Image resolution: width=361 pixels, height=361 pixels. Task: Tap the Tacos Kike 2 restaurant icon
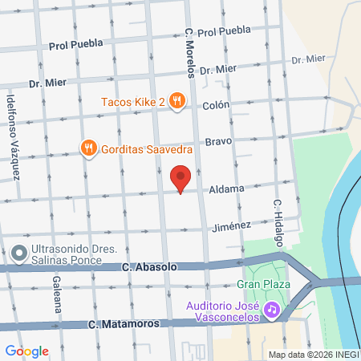[178, 102]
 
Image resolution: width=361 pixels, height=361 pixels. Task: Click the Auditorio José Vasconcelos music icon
[272, 309]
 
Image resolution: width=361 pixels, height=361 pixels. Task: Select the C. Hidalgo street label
[278, 223]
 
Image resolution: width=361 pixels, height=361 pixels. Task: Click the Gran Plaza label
[258, 285]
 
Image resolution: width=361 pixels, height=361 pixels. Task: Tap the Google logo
[26, 351]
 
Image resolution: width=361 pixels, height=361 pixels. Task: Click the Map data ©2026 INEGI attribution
[313, 355]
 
